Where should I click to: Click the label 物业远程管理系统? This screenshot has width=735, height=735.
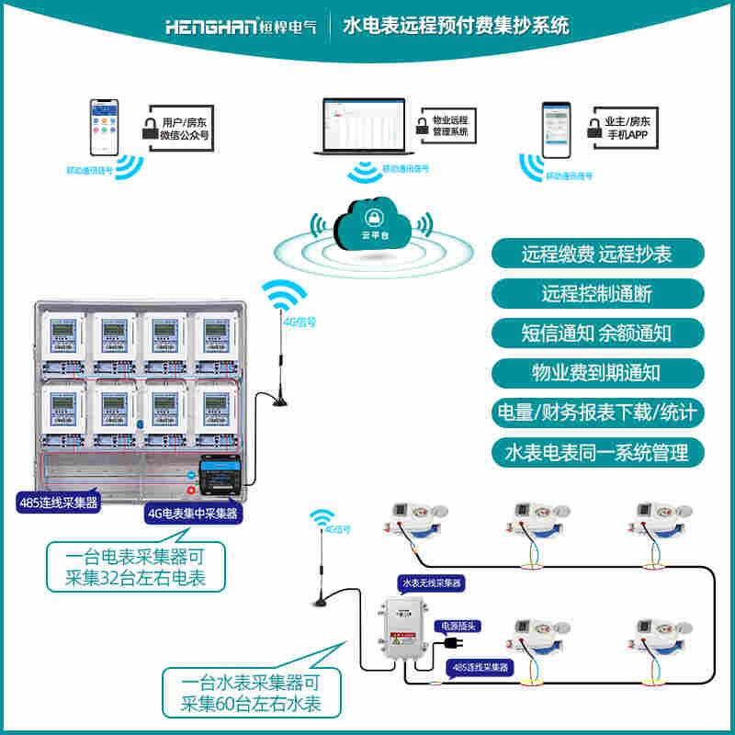pyautogui.click(x=449, y=126)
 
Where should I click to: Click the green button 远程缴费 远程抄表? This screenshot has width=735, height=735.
pyautogui.click(x=597, y=254)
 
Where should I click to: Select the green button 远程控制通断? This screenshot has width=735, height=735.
pyautogui.click(x=597, y=294)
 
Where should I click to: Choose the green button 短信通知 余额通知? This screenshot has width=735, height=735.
pyautogui.click(x=597, y=334)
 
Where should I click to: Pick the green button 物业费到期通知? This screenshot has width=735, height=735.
pyautogui.click(x=597, y=373)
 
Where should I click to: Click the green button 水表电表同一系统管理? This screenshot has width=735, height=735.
pyautogui.click(x=597, y=452)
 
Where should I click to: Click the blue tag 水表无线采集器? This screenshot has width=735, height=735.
pyautogui.click(x=431, y=582)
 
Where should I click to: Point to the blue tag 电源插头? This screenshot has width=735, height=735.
pyautogui.click(x=458, y=626)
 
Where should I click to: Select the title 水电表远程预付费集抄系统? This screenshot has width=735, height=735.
pyautogui.click(x=456, y=26)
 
